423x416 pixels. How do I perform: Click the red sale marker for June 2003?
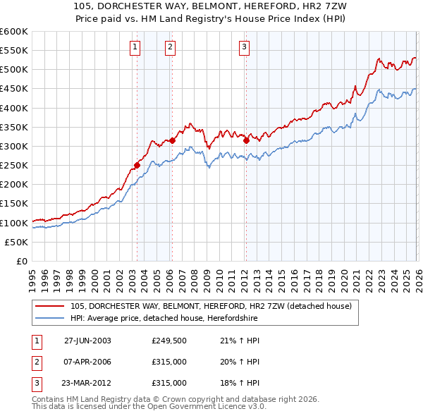tap(137, 166)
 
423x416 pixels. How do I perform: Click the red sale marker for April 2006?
tap(172, 140)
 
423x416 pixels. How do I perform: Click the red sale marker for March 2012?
tap(246, 140)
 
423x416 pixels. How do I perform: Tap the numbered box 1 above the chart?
tap(135, 47)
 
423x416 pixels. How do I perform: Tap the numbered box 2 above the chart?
tap(171, 47)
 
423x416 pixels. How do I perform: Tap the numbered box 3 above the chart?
tap(244, 47)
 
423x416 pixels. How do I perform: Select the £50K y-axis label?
tap(16, 242)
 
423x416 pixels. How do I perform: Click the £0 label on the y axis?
tap(22, 261)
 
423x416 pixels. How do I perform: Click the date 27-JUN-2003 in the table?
tap(87, 340)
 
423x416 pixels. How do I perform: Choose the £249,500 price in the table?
tap(168, 340)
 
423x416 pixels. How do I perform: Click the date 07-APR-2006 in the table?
tap(87, 362)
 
